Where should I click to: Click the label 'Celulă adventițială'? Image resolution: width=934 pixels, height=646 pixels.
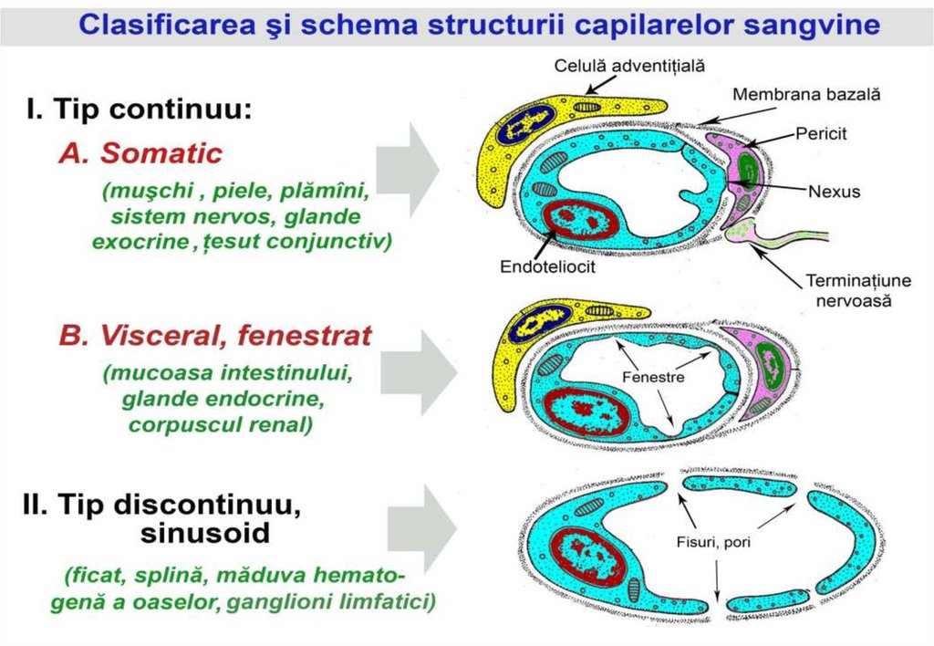tap(629, 65)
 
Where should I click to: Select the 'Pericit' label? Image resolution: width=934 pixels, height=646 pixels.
tap(821, 133)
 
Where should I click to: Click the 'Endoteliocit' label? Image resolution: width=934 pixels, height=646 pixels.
tap(547, 266)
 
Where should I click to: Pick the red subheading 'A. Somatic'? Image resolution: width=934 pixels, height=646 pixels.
tap(140, 153)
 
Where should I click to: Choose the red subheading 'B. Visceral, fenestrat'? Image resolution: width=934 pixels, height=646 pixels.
tap(215, 336)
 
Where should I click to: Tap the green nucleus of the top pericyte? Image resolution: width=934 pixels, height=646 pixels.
tap(748, 168)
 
